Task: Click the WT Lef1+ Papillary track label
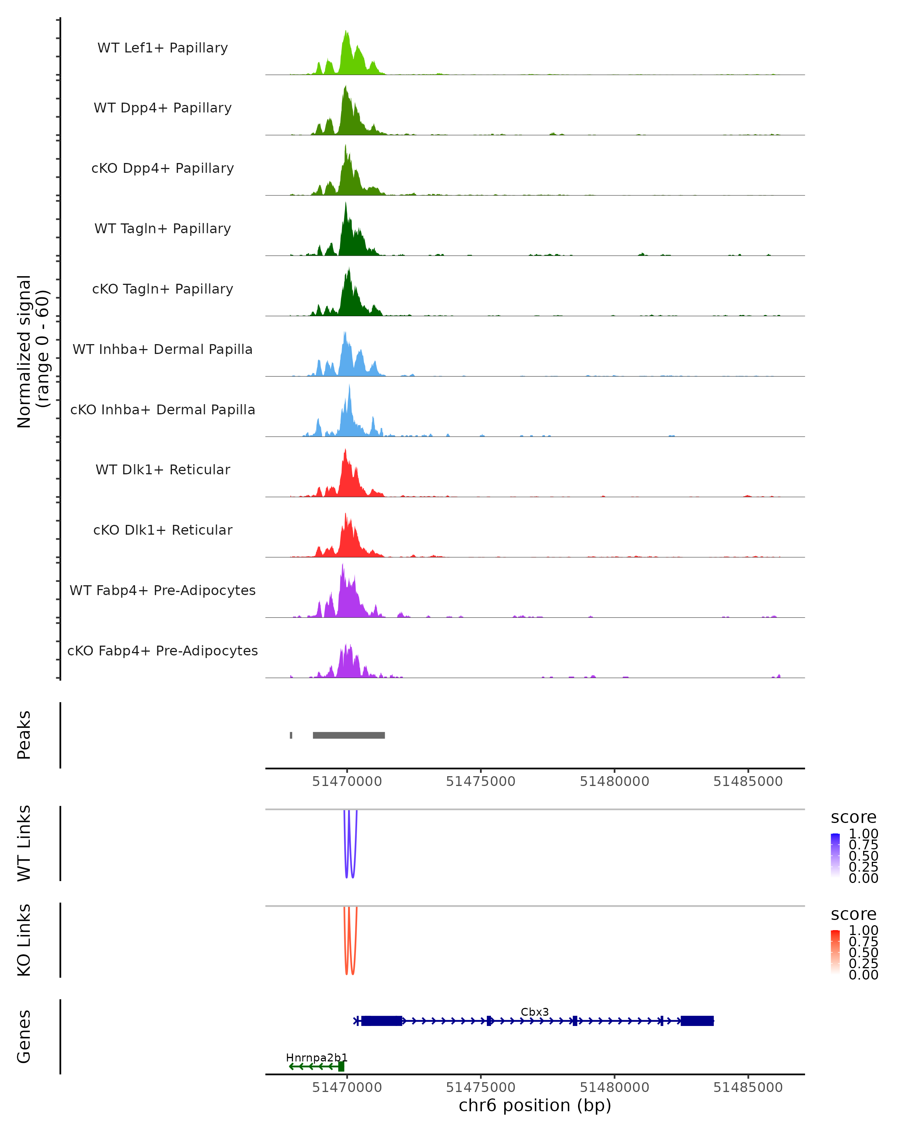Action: click(163, 48)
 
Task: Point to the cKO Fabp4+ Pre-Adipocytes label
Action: click(163, 651)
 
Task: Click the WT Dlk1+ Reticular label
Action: click(163, 469)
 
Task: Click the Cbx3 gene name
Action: click(535, 1012)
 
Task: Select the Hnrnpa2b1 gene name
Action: click(316, 1057)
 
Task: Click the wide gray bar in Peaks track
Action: click(349, 735)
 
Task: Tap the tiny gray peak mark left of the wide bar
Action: click(291, 735)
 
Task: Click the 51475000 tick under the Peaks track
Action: click(480, 781)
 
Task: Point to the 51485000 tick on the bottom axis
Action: click(748, 1087)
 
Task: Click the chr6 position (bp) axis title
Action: click(535, 1106)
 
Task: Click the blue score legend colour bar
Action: click(835, 854)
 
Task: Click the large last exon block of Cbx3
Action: click(697, 1021)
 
